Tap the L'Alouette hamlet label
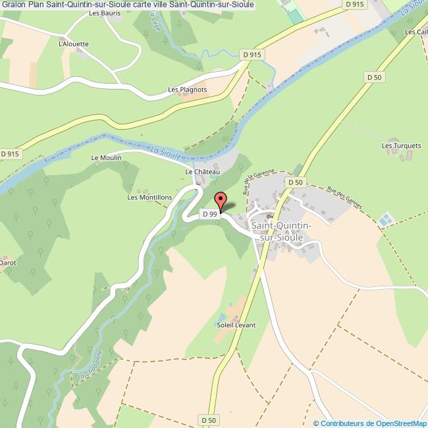pos(73,44)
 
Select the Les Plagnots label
pos(187,90)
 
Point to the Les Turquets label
pos(396,145)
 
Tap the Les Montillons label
pos(149,197)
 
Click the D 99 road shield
pos(209,214)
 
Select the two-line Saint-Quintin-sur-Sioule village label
pos(281,231)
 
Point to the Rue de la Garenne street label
pos(248,180)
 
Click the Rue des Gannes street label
pos(345,198)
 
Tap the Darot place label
pos(8,262)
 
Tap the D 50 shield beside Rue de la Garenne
pos(294,182)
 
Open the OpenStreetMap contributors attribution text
pos(371,423)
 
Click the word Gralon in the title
pos(13,5)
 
